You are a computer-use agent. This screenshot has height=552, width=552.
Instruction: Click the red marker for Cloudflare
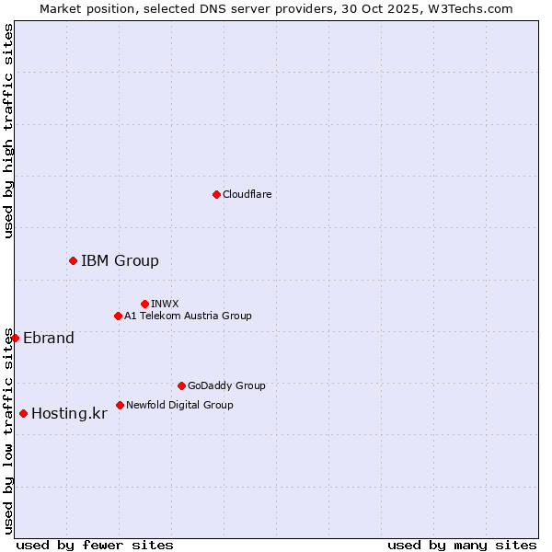point(216,194)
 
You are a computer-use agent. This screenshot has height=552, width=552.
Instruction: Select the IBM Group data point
point(73,260)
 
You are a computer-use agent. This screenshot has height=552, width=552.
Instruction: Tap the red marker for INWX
point(144,304)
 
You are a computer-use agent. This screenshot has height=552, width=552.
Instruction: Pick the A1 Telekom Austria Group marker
point(118,316)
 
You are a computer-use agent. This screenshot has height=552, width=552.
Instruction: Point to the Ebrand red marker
point(15,338)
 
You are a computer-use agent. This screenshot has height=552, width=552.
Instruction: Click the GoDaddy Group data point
point(181,385)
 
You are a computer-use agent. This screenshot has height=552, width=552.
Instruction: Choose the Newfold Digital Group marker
point(120,405)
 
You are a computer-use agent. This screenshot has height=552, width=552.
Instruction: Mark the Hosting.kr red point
point(23,413)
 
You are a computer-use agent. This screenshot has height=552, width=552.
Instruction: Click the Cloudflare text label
point(247,194)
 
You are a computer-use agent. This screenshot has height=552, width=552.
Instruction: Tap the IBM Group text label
point(120,260)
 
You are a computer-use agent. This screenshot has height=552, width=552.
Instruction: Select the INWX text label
point(165,304)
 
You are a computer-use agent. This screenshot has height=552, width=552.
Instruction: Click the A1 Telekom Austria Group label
point(188,316)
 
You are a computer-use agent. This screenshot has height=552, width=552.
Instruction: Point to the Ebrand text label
point(49,338)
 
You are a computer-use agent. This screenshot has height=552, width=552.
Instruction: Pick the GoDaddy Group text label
point(226,385)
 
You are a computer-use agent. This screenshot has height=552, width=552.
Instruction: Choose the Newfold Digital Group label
point(179,405)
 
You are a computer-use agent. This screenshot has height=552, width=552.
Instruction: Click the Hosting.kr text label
point(69,413)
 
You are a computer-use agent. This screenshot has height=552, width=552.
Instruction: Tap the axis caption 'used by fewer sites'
point(95,545)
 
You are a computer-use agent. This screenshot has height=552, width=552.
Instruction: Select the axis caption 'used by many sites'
point(462,545)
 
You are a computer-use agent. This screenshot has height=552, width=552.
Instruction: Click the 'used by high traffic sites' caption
point(8,131)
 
